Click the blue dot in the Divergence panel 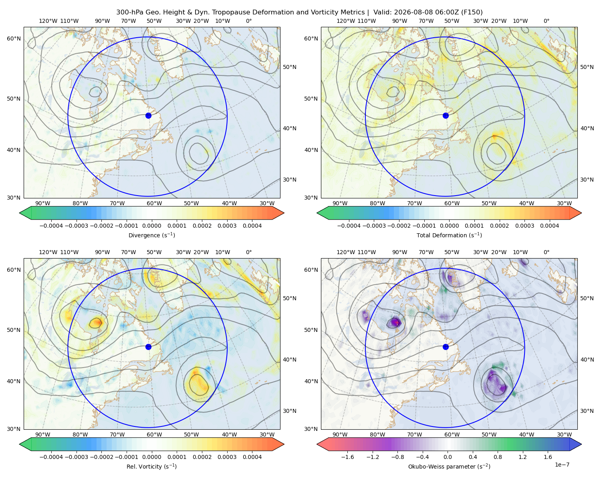pos(148,116)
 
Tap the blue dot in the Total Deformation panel pos(446,116)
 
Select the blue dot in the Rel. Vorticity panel pos(148,347)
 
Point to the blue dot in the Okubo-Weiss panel pos(446,347)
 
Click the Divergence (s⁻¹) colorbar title pos(151,235)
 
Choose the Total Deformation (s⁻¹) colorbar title pos(449,235)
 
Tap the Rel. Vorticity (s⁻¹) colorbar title pos(151,467)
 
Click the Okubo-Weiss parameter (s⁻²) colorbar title pos(449,467)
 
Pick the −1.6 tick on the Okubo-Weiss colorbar pos(348,457)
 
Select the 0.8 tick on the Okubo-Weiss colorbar pos(498,457)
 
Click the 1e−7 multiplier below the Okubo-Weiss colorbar pos(562,465)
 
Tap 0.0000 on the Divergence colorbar pos(151,226)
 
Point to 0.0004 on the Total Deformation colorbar pos(550,226)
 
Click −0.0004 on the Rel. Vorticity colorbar pos(51,457)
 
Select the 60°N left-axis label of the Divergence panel pos(14,38)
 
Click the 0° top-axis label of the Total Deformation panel pos(547,21)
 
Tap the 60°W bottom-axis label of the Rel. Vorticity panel pos(154,435)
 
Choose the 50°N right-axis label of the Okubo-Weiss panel pos(587,298)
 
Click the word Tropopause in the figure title pos(230,12)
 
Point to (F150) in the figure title pos(472,12)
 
